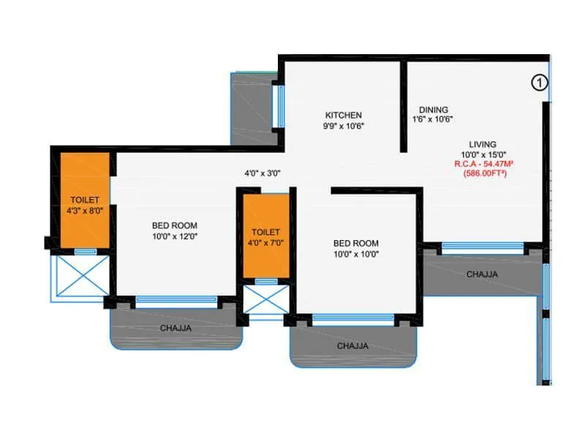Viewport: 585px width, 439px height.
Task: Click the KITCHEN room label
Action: pyautogui.click(x=344, y=115)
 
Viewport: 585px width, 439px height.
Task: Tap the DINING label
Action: pyautogui.click(x=434, y=110)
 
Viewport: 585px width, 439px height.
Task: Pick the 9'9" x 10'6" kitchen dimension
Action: pyautogui.click(x=344, y=125)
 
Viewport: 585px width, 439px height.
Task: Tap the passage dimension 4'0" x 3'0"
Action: pyautogui.click(x=263, y=173)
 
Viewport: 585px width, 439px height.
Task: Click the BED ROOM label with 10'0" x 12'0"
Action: pyautogui.click(x=175, y=225)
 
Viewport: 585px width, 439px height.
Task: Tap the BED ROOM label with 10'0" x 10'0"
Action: pyautogui.click(x=356, y=243)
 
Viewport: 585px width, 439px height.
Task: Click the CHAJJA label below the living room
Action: pyautogui.click(x=482, y=274)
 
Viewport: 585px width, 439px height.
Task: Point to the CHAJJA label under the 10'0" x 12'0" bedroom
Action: pyautogui.click(x=175, y=329)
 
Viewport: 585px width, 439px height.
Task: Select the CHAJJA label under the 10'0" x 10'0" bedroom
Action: pyautogui.click(x=352, y=345)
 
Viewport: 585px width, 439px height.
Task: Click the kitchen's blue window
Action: pyautogui.click(x=279, y=107)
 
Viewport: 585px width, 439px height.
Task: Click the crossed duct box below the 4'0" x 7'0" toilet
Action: pyautogui.click(x=266, y=299)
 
